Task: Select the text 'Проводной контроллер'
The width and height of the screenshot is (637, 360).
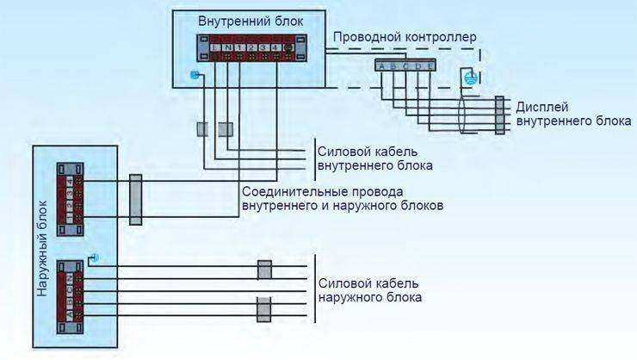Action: coord(404,38)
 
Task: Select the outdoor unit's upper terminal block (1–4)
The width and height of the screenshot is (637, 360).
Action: coord(70,195)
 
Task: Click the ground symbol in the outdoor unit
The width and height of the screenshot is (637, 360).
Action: coord(94,258)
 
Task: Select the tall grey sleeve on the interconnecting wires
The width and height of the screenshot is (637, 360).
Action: coord(135,199)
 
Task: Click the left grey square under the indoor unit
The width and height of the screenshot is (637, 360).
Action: coord(203,129)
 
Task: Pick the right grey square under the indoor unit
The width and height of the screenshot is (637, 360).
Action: coord(226,129)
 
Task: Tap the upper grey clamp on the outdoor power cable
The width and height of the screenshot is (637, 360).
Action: coord(264,270)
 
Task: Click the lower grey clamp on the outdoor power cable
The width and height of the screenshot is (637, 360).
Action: coord(264,307)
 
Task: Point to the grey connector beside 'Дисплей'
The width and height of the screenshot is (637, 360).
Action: coord(499,117)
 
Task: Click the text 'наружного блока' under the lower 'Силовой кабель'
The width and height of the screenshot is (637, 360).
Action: coord(369,298)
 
